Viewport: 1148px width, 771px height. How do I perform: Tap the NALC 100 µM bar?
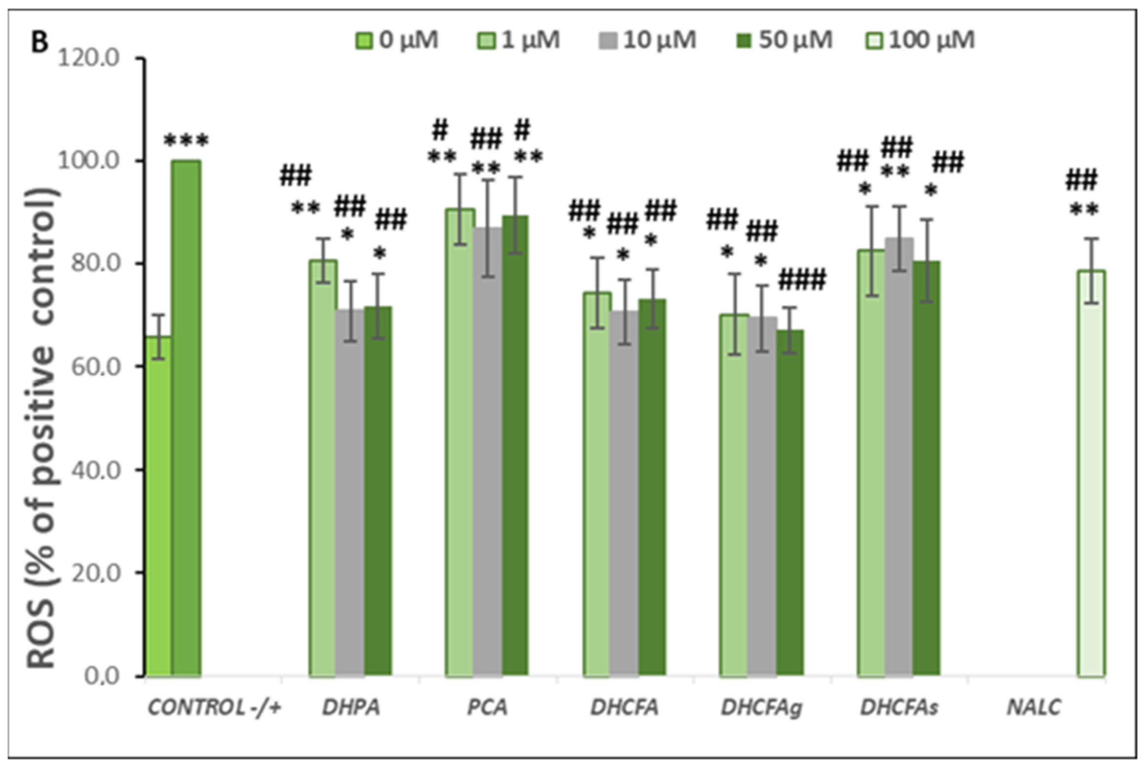point(1091,473)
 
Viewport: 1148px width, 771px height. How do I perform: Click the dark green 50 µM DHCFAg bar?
point(790,503)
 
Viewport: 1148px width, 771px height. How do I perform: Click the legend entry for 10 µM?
point(647,40)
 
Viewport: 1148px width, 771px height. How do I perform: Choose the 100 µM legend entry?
point(920,40)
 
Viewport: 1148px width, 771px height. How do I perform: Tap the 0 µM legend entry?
point(397,40)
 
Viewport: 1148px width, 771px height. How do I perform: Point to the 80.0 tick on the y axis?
point(95,263)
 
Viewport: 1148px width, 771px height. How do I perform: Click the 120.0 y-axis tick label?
point(89,58)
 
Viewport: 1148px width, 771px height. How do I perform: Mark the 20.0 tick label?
point(95,572)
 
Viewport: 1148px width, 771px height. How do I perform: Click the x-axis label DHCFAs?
point(898,708)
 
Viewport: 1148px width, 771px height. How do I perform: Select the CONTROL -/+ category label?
point(214,708)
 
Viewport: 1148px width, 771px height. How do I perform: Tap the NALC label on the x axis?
point(1034,708)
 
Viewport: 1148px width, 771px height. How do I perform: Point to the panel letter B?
point(39,42)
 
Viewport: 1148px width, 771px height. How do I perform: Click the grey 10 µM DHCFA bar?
point(624,493)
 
